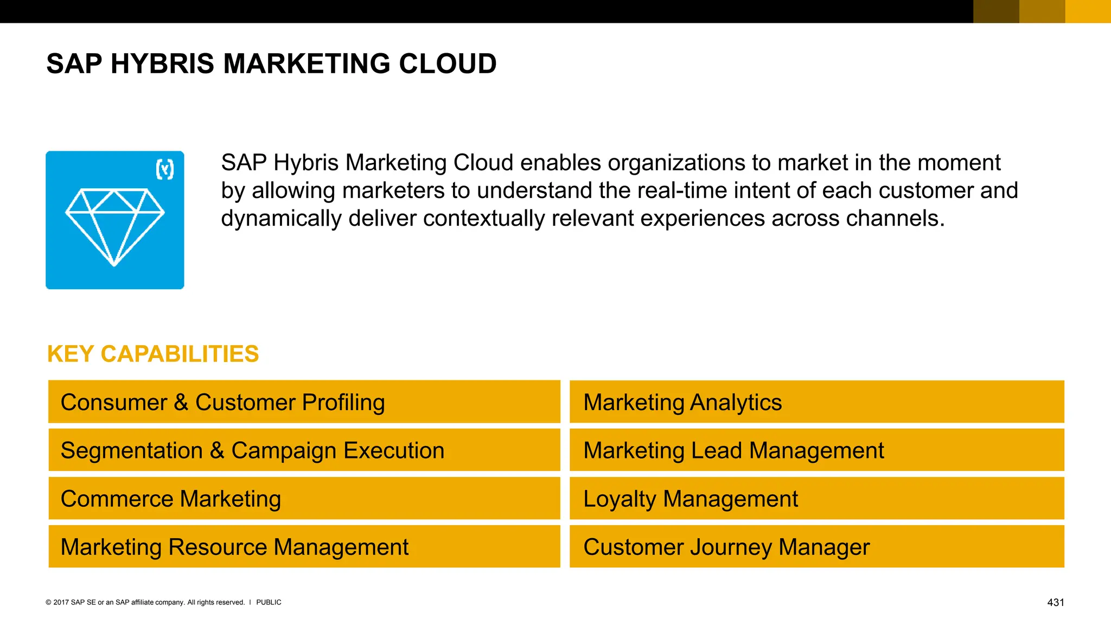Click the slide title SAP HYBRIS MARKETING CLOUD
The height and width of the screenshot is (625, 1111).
[x=271, y=64]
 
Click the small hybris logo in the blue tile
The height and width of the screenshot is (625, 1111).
[x=165, y=170]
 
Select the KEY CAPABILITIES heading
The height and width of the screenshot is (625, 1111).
[x=153, y=354]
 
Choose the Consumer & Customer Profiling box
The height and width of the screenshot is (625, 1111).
[x=304, y=402]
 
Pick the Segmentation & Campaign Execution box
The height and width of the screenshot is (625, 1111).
[x=304, y=450]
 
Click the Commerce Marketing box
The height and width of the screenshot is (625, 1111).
[x=304, y=499]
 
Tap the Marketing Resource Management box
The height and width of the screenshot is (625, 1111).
[x=304, y=547]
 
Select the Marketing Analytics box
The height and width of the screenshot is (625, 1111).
[x=816, y=402]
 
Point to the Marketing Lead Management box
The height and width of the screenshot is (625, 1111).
[x=816, y=450]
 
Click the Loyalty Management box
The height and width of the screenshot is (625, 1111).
[x=816, y=499]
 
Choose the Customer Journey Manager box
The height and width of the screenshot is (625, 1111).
[x=816, y=547]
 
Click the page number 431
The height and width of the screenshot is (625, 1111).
[x=1055, y=603]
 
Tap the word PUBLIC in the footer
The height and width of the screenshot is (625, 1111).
[x=269, y=602]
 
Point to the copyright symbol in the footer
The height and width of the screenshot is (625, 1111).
[x=48, y=602]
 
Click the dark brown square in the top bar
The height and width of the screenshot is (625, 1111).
[x=996, y=11]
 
